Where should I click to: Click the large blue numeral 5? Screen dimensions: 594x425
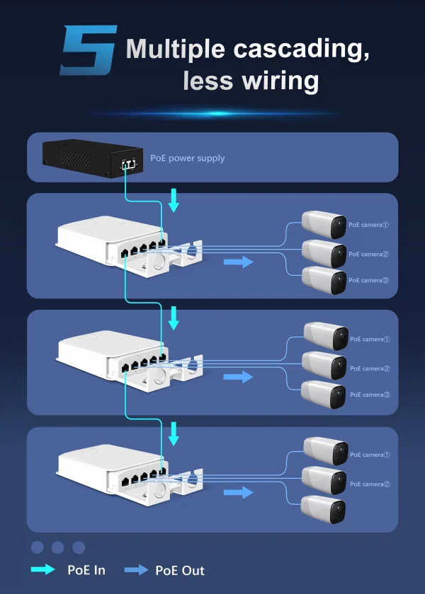tap(89, 50)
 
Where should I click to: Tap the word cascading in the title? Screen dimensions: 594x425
tap(301, 49)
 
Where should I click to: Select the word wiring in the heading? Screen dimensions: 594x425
tap(280, 80)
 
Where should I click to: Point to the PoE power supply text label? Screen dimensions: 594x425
tap(187, 158)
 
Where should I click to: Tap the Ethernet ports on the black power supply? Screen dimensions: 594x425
tap(129, 164)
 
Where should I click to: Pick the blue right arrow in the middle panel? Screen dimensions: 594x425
tap(238, 376)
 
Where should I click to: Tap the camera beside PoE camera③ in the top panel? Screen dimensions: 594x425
tap(324, 281)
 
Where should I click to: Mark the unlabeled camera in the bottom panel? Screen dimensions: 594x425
tap(324, 509)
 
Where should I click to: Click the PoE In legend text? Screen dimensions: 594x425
tap(87, 570)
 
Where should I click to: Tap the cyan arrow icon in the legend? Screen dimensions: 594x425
tap(42, 570)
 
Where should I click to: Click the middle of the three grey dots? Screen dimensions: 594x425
tap(57, 547)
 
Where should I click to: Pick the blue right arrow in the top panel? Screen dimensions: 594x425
tap(238, 262)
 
